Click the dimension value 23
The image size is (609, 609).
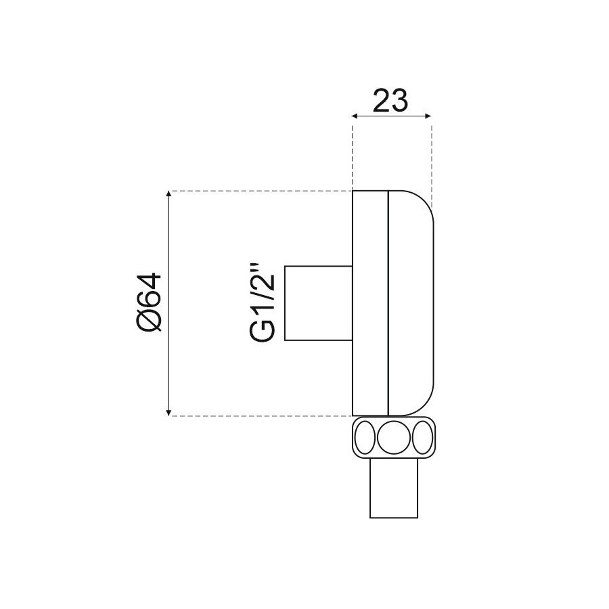pyautogui.click(x=390, y=100)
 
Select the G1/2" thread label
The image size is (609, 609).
pyautogui.click(x=263, y=303)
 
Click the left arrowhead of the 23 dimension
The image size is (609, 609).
pyautogui.click(x=355, y=116)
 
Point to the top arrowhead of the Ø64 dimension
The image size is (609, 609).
pyautogui.click(x=168, y=194)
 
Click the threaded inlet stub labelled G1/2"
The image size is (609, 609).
pyautogui.click(x=319, y=303)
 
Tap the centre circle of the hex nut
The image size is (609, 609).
pyautogui.click(x=393, y=437)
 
